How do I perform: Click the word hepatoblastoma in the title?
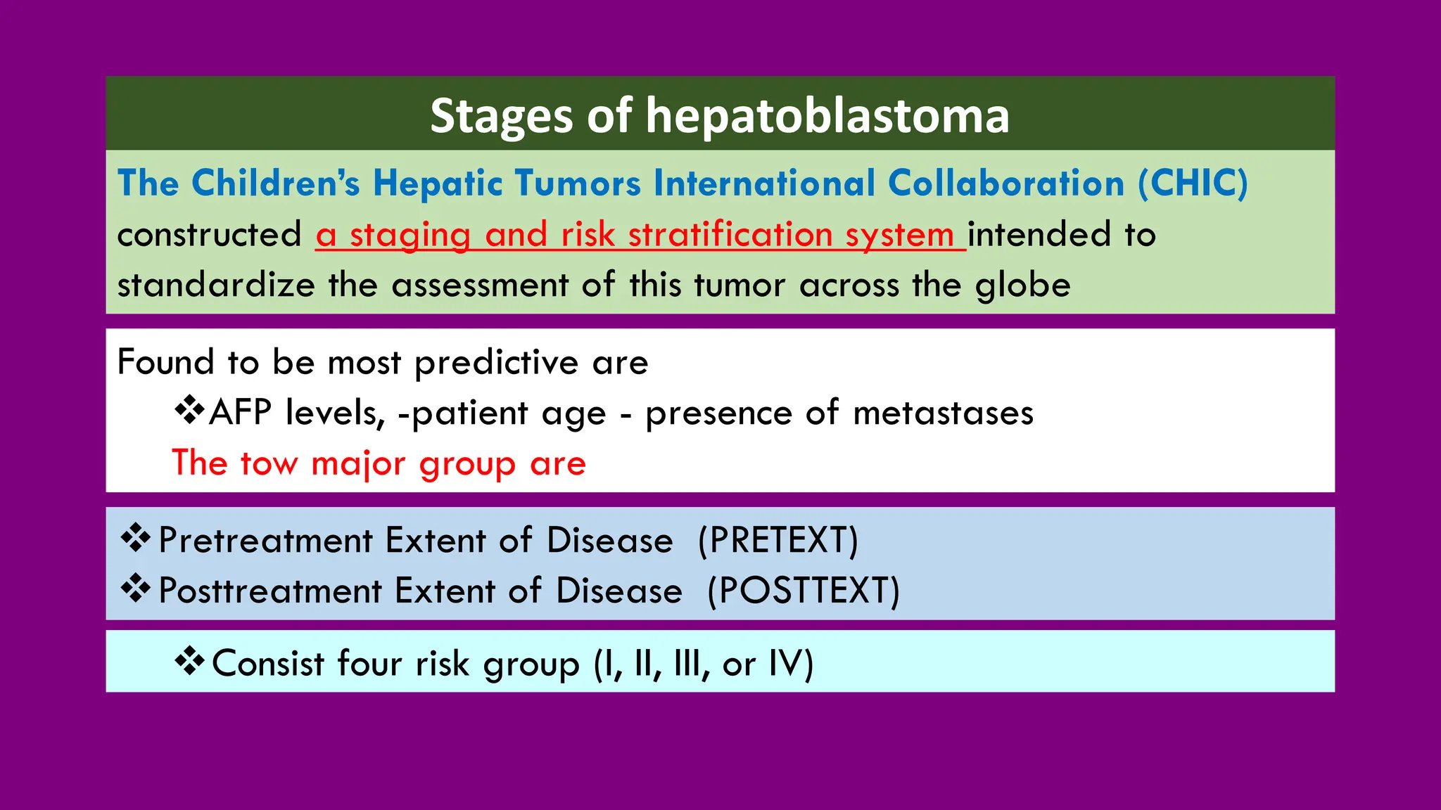827,116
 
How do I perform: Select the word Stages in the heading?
502,116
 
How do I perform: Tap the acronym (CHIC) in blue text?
1193,184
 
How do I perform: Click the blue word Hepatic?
438,184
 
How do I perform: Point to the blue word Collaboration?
1006,184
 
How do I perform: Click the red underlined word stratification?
730,235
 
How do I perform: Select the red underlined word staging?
410,235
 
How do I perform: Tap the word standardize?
216,285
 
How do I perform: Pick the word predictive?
497,363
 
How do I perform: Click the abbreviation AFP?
240,413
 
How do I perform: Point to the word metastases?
943,413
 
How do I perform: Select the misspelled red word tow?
269,464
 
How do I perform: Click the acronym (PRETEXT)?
778,540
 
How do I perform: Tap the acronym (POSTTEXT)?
803,591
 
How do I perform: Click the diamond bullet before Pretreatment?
135,539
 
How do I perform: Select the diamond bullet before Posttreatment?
135,589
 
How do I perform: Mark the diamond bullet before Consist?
189,662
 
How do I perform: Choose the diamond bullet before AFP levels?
189,410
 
